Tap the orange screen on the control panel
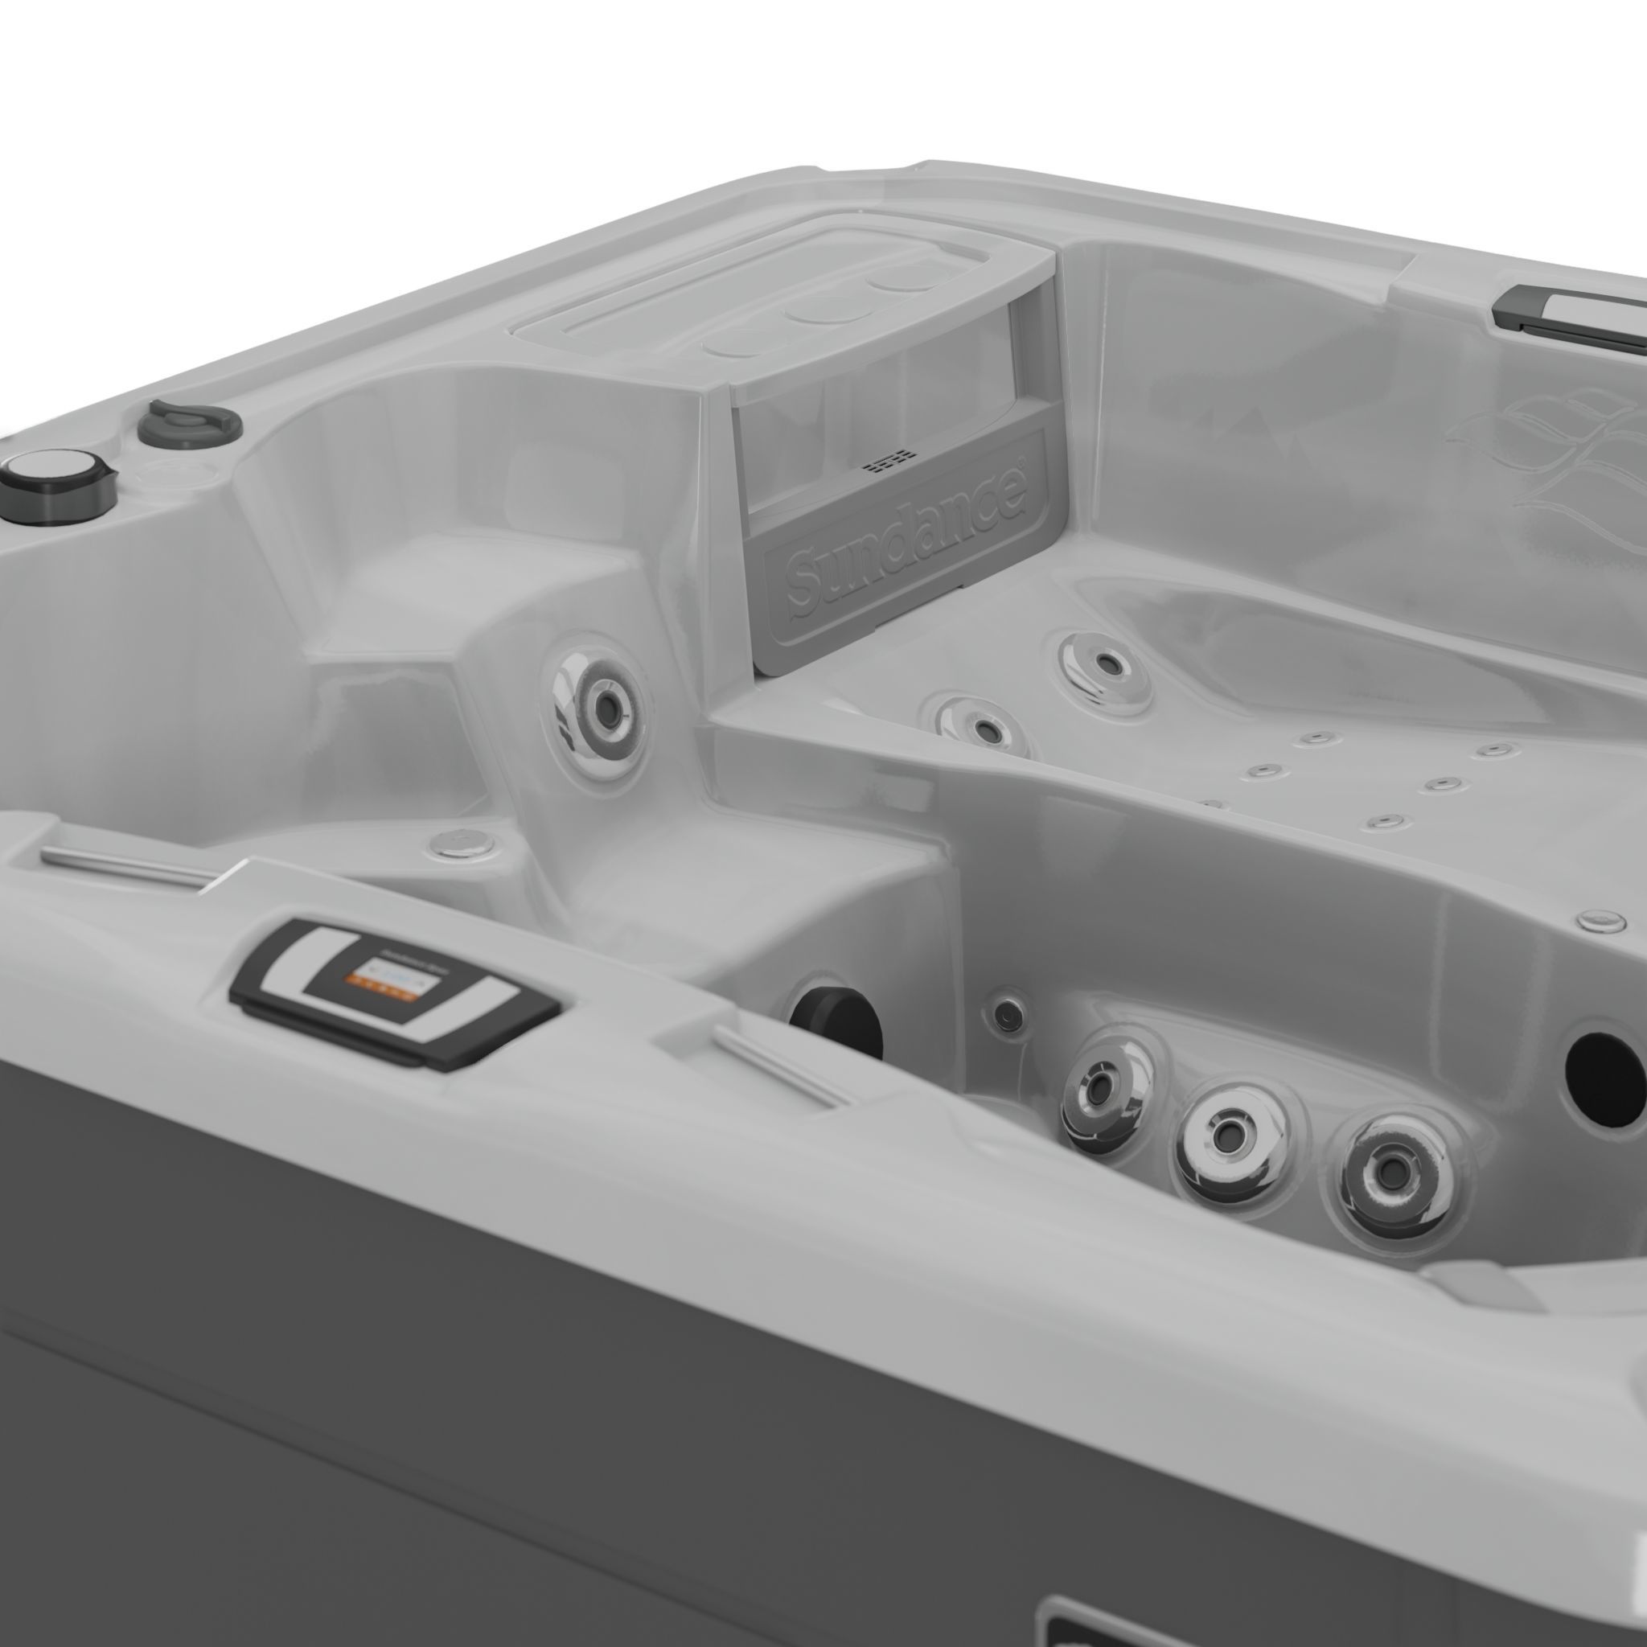tap(389, 978)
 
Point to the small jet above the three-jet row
tap(1009, 1012)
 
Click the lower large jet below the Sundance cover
tap(982, 727)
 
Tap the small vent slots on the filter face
tap(885, 464)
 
